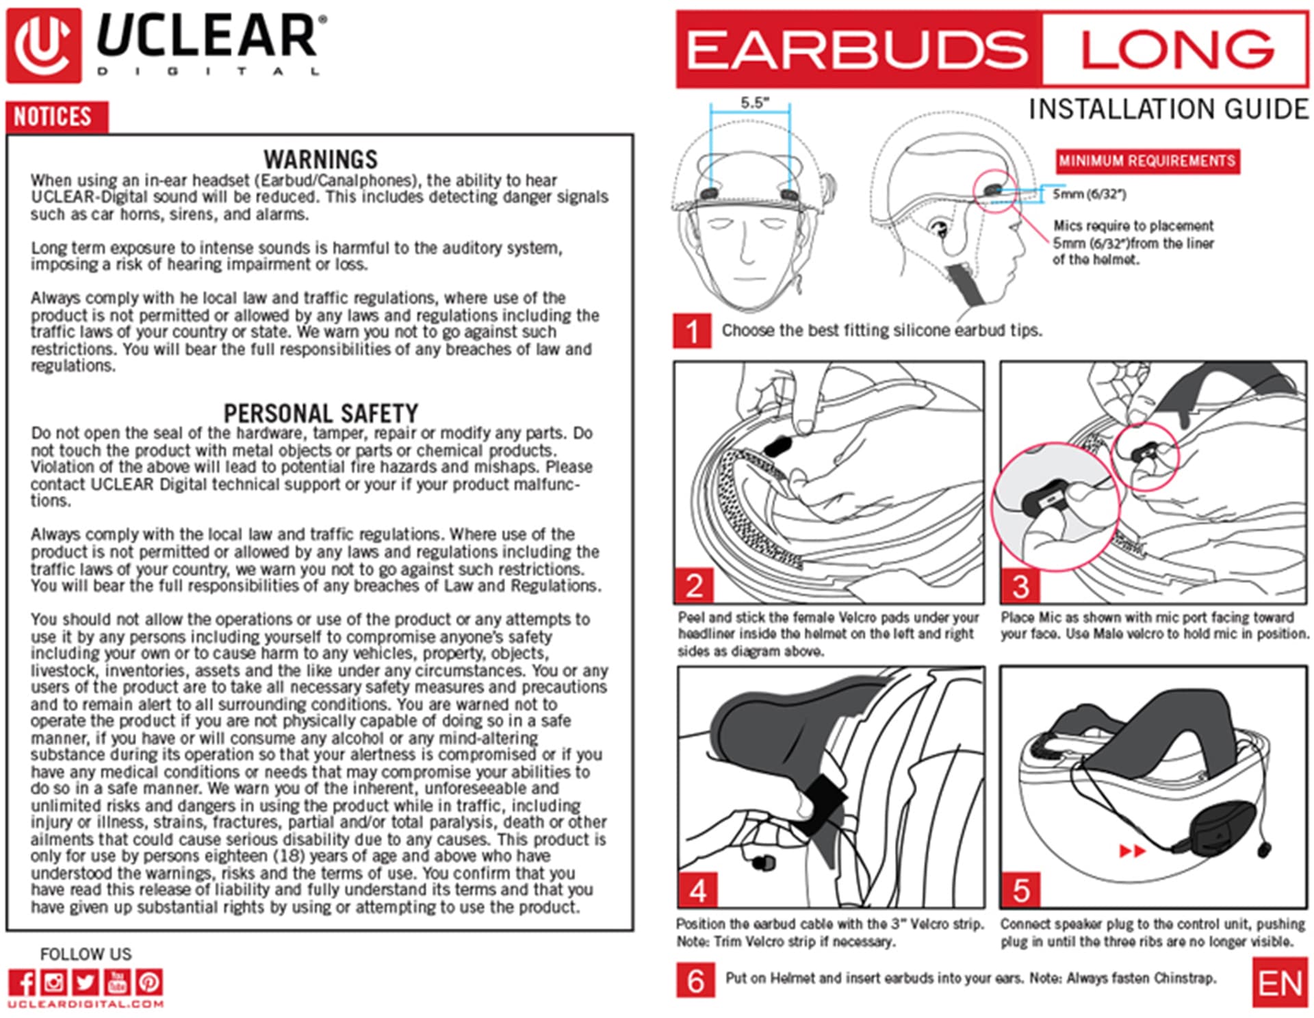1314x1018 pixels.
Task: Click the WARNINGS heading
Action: click(320, 160)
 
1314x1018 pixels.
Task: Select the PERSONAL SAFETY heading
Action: click(320, 413)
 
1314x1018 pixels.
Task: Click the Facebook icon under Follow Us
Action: click(22, 982)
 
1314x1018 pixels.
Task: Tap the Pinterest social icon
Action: click(149, 982)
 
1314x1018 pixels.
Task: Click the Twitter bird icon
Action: click(86, 982)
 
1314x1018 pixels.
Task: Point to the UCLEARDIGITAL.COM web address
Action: click(86, 1004)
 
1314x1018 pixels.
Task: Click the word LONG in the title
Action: click(1176, 49)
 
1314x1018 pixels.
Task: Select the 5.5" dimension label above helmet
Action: click(754, 103)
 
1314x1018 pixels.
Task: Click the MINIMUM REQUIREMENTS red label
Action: click(1147, 162)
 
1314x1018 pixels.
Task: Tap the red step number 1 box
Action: click(692, 331)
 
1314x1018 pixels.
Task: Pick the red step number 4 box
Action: click(697, 890)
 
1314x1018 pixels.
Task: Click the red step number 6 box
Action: click(695, 981)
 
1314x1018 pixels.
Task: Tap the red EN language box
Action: click(1278, 984)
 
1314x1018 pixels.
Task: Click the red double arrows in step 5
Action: click(1132, 851)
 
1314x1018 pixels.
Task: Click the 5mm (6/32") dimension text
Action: click(1089, 194)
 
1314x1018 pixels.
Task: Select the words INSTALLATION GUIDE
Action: click(1168, 110)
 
